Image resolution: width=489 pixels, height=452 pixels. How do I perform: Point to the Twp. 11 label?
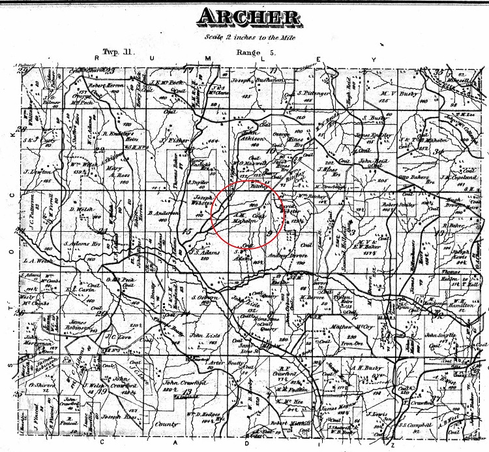pos(118,51)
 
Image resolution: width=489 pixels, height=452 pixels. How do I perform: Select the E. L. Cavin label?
pos(81,288)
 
